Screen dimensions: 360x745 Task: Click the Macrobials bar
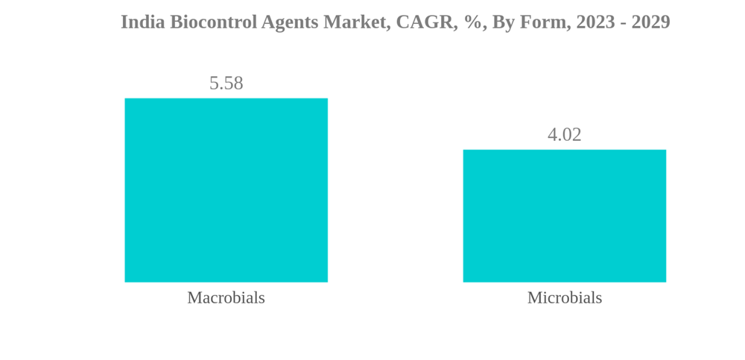[226, 190]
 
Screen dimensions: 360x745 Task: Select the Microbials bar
[564, 216]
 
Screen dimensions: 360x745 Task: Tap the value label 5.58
[226, 83]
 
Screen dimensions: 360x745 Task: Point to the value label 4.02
[564, 135]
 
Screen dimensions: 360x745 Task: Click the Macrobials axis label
[226, 297]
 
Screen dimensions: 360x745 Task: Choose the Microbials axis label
[564, 297]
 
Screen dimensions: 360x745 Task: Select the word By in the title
[503, 22]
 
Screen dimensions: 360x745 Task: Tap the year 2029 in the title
[650, 22]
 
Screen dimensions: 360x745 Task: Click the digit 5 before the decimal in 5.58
[214, 83]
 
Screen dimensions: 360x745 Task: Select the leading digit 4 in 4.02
[552, 135]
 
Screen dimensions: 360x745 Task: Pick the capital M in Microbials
[533, 297]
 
